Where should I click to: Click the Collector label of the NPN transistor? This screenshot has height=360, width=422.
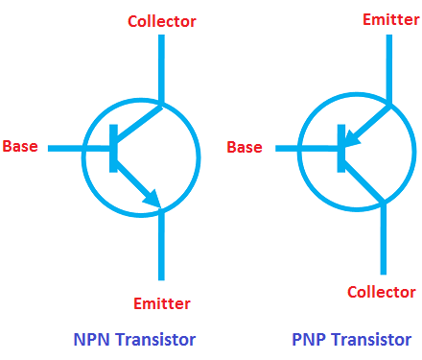point(162,21)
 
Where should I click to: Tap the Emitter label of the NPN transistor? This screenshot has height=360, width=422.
point(162,303)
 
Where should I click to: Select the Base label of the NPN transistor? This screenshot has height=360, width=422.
point(20,146)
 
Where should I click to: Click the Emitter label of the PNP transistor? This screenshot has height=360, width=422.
point(391,19)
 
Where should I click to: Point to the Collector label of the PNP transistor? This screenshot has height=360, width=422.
point(382,292)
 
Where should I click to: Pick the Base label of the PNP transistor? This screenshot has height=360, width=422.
point(245,147)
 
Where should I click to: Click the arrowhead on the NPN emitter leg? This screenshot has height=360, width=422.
point(152,199)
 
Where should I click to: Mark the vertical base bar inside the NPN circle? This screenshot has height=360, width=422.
point(113,149)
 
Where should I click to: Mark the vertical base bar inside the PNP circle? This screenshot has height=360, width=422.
point(341,149)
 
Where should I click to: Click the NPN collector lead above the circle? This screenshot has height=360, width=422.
point(161,68)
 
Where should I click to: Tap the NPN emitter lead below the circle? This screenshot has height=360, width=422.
point(161,246)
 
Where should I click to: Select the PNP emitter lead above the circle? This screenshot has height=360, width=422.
point(389,68)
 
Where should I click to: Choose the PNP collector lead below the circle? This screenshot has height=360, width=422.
point(384,239)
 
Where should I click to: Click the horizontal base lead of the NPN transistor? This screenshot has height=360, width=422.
point(79,148)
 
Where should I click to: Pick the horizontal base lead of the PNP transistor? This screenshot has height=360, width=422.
point(307,148)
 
